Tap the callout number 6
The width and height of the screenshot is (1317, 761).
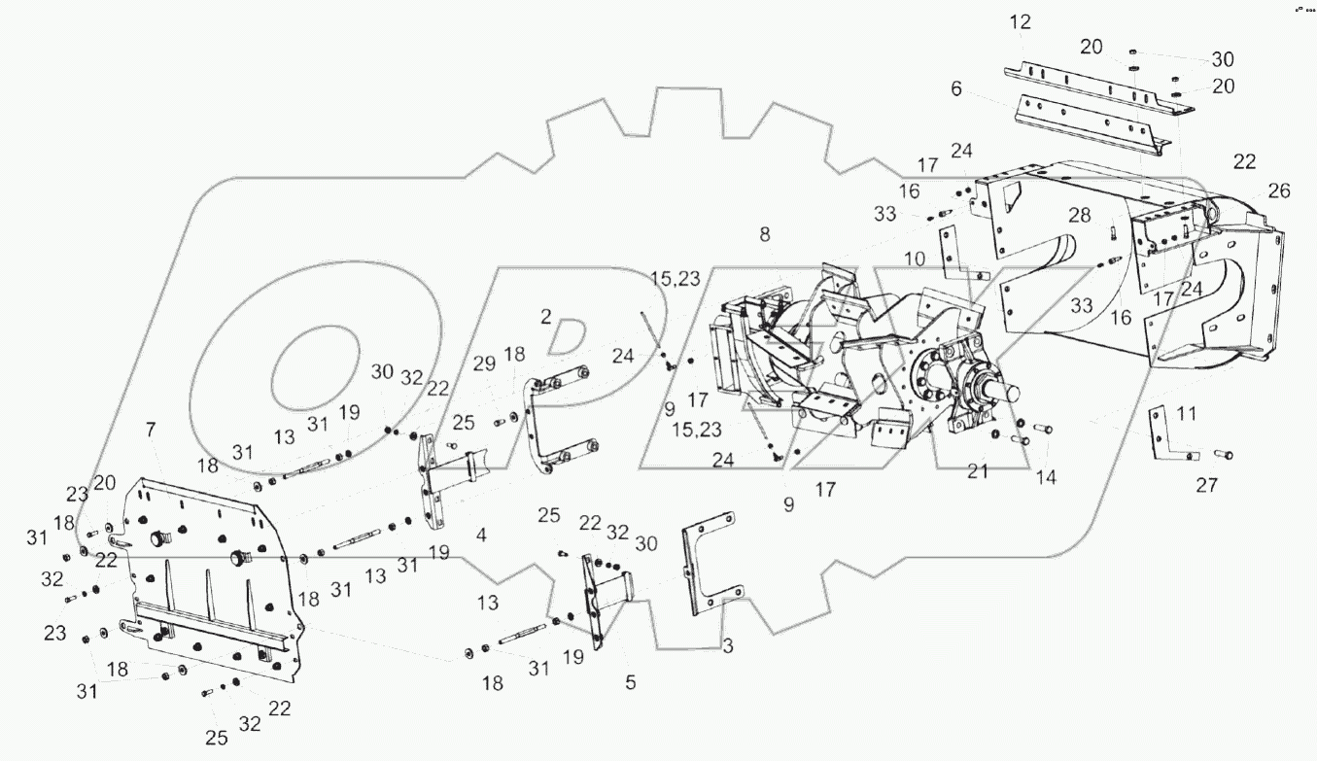click(x=956, y=88)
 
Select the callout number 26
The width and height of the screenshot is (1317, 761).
click(x=1278, y=191)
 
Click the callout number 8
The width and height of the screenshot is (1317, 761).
click(x=765, y=233)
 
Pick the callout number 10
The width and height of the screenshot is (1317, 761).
click(x=915, y=259)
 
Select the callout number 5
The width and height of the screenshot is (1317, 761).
click(x=630, y=683)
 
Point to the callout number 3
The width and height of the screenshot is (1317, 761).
click(x=728, y=645)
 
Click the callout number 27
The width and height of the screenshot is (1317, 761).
click(x=1206, y=487)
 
